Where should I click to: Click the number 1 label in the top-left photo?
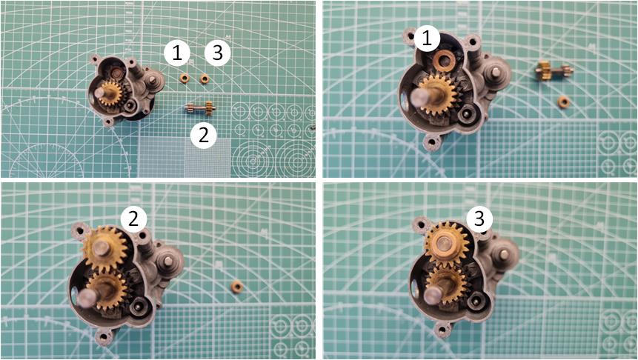pyautogui.click(x=177, y=53)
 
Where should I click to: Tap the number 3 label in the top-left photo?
pyautogui.click(x=218, y=53)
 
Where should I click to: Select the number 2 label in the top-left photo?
pyautogui.click(x=204, y=135)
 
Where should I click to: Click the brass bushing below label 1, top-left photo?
pyautogui.click(x=185, y=79)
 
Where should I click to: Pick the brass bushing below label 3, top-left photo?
pyautogui.click(x=205, y=78)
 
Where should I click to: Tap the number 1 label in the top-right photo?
pyautogui.click(x=426, y=39)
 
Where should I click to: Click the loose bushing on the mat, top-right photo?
pyautogui.click(x=563, y=101)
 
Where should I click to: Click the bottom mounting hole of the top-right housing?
pyautogui.click(x=431, y=142)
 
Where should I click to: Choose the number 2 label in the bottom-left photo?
pyautogui.click(x=133, y=219)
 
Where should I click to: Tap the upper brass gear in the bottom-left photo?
pyautogui.click(x=105, y=249)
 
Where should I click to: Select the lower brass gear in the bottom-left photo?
pyautogui.click(x=106, y=290)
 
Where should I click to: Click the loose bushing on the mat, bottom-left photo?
pyautogui.click(x=236, y=287)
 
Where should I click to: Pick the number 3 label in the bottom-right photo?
pyautogui.click(x=479, y=219)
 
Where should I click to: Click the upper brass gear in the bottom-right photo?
pyautogui.click(x=446, y=244)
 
